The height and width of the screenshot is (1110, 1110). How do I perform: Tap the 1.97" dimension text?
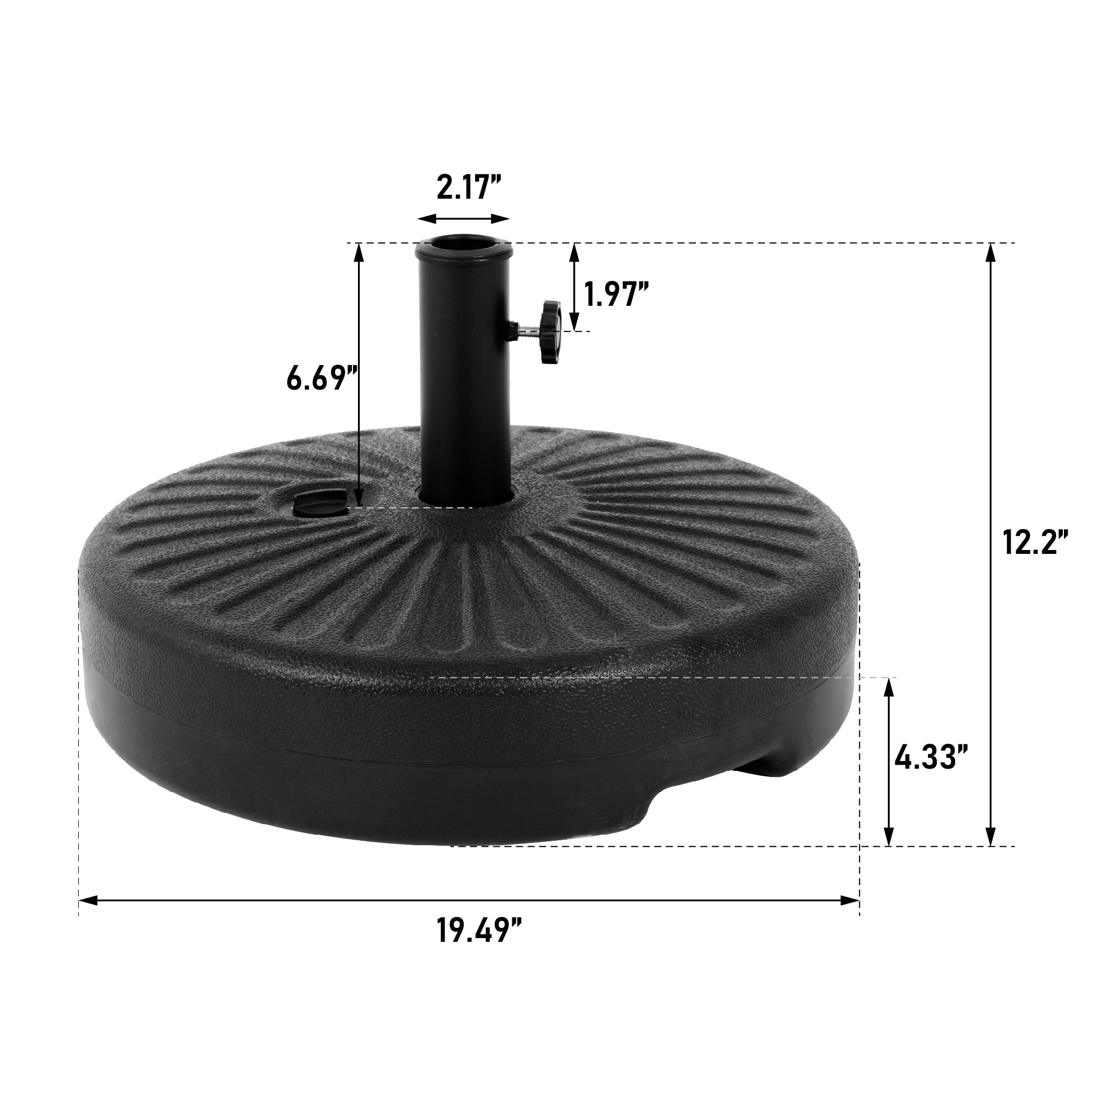(x=617, y=295)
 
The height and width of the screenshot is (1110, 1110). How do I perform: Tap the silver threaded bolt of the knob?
(x=527, y=328)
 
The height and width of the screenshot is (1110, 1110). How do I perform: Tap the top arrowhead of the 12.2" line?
(x=990, y=251)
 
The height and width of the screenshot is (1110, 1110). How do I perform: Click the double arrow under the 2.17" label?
(x=463, y=218)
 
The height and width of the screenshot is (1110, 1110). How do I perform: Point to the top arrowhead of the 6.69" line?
(x=359, y=251)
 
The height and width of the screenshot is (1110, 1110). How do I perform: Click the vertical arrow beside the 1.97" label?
(x=574, y=285)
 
